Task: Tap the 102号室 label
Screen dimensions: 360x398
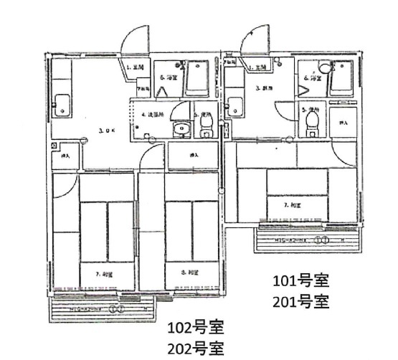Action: coord(195,329)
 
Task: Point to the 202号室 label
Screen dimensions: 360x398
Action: coord(195,349)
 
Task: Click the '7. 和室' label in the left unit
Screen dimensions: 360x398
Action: coord(106,273)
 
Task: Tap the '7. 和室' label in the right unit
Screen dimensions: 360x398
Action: coord(293,205)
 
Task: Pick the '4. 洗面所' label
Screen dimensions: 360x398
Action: coord(153,114)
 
